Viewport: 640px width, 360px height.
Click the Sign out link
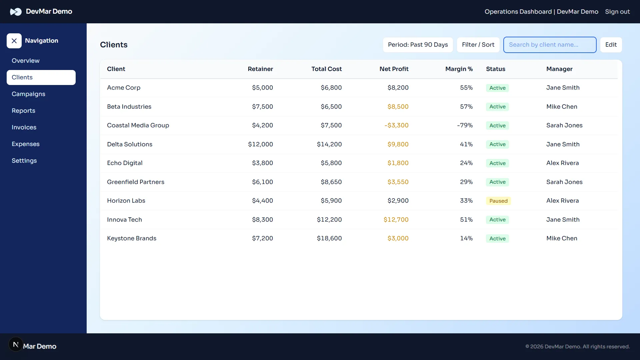pyautogui.click(x=617, y=12)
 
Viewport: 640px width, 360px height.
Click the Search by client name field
pyautogui.click(x=550, y=45)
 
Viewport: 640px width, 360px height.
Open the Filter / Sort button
pyautogui.click(x=478, y=45)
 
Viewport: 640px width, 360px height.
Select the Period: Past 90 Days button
pyautogui.click(x=418, y=45)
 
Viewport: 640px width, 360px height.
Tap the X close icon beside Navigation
pyautogui.click(x=14, y=41)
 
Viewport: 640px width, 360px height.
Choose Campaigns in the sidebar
pyautogui.click(x=28, y=94)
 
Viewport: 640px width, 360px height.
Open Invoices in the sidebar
pyautogui.click(x=24, y=127)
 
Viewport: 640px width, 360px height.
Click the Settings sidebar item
pyautogui.click(x=24, y=161)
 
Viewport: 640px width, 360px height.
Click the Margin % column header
pyautogui.click(x=459, y=69)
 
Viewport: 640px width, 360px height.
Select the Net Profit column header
pyautogui.click(x=394, y=69)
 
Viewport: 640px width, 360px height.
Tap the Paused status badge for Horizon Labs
pyautogui.click(x=498, y=201)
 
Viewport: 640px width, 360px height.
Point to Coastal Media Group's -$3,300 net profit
pyautogui.click(x=396, y=125)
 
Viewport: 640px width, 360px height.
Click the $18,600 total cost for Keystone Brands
pyautogui.click(x=329, y=238)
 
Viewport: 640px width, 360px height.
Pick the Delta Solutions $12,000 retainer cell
pyautogui.click(x=260, y=144)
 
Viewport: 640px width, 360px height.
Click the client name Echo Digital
pyautogui.click(x=125, y=163)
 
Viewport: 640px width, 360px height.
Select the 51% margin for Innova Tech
pyautogui.click(x=466, y=220)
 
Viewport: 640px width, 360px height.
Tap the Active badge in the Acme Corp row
pyautogui.click(x=497, y=88)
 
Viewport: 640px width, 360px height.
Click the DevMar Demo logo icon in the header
pyautogui.click(x=16, y=12)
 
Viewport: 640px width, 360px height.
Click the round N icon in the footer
pyautogui.click(x=16, y=344)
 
